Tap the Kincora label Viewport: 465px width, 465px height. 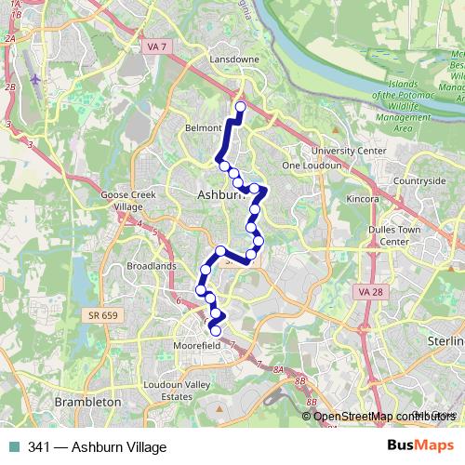362,199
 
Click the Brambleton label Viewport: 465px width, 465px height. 88,401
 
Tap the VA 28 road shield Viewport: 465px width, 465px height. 371,293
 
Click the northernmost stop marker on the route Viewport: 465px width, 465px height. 240,107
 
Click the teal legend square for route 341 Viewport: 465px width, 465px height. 12,447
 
